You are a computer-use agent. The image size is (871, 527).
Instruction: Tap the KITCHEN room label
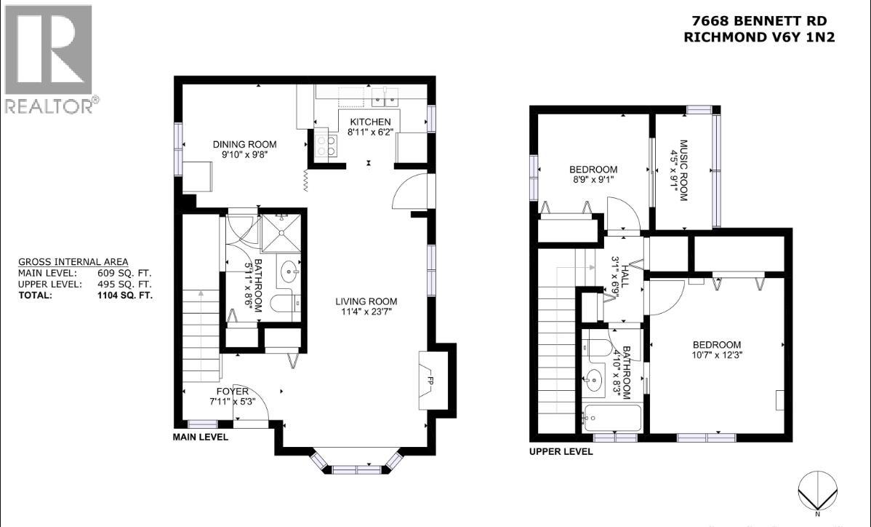[370, 122]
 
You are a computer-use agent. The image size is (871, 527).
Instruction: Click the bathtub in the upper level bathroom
[611, 419]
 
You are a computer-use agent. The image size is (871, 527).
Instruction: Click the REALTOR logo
[49, 58]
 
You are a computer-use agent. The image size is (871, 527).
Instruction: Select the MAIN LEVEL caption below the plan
[200, 437]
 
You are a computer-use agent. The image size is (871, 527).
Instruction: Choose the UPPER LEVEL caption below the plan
[561, 451]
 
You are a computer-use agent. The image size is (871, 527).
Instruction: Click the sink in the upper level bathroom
[595, 380]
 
